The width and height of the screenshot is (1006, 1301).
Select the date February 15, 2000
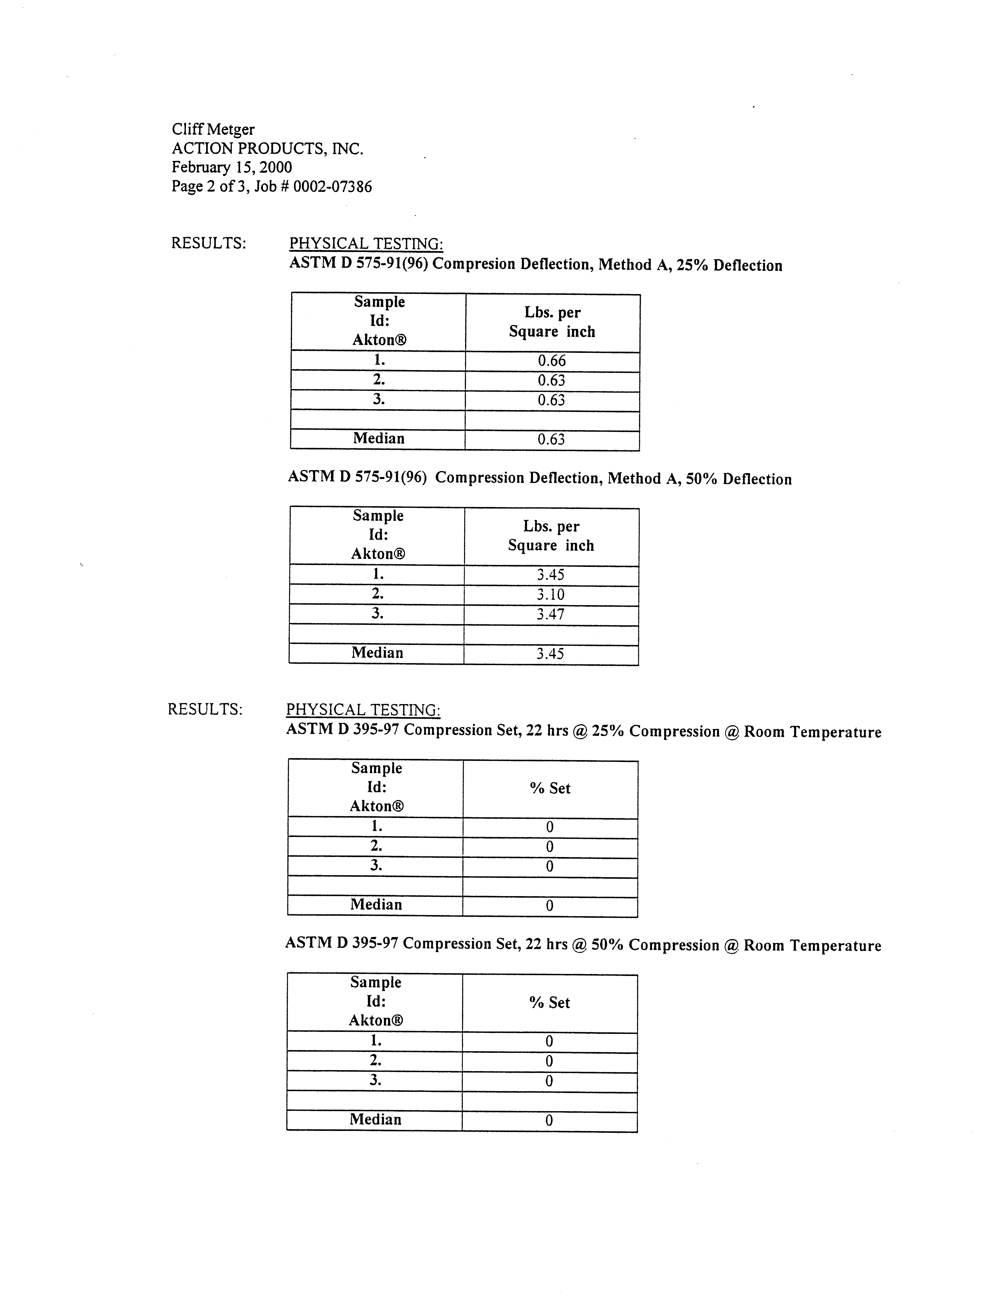[232, 167]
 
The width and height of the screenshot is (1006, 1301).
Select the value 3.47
[550, 614]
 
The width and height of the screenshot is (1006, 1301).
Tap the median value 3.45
[550, 653]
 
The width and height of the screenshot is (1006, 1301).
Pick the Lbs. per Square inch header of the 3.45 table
[551, 536]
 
